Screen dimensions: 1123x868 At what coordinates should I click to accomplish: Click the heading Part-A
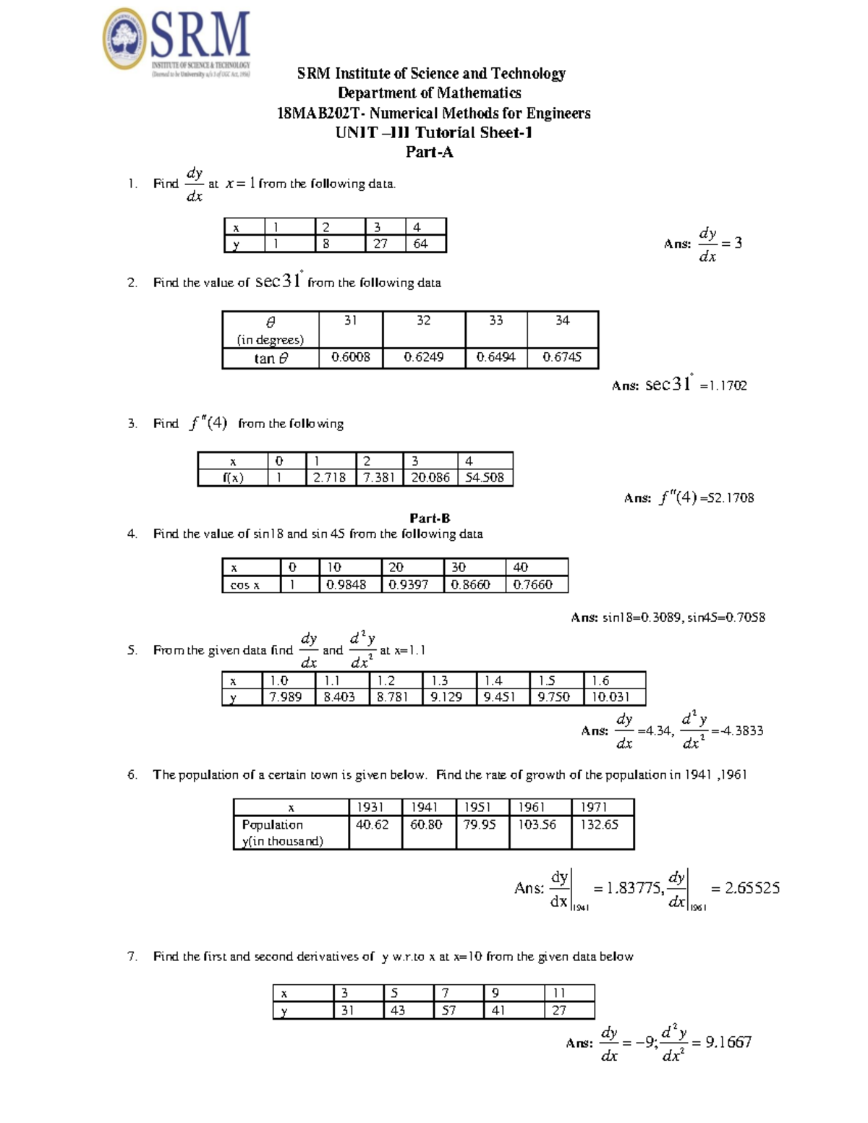tap(429, 152)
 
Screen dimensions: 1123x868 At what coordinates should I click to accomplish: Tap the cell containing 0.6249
tap(423, 357)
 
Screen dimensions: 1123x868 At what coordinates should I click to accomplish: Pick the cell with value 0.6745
tap(562, 357)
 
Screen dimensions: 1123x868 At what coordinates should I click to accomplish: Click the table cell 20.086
tap(430, 478)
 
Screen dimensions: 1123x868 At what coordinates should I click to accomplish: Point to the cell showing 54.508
tap(485, 478)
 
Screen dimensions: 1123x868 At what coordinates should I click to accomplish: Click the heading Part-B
tap(430, 518)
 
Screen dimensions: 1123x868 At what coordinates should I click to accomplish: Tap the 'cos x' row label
tap(245, 585)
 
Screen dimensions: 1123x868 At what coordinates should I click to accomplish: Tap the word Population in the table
tap(273, 824)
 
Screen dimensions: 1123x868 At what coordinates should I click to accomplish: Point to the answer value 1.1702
tap(728, 386)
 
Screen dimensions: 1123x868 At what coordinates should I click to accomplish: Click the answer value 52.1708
tap(731, 498)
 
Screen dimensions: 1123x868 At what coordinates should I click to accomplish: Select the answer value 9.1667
tap(728, 1042)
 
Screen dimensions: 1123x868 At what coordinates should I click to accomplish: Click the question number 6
tap(132, 775)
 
